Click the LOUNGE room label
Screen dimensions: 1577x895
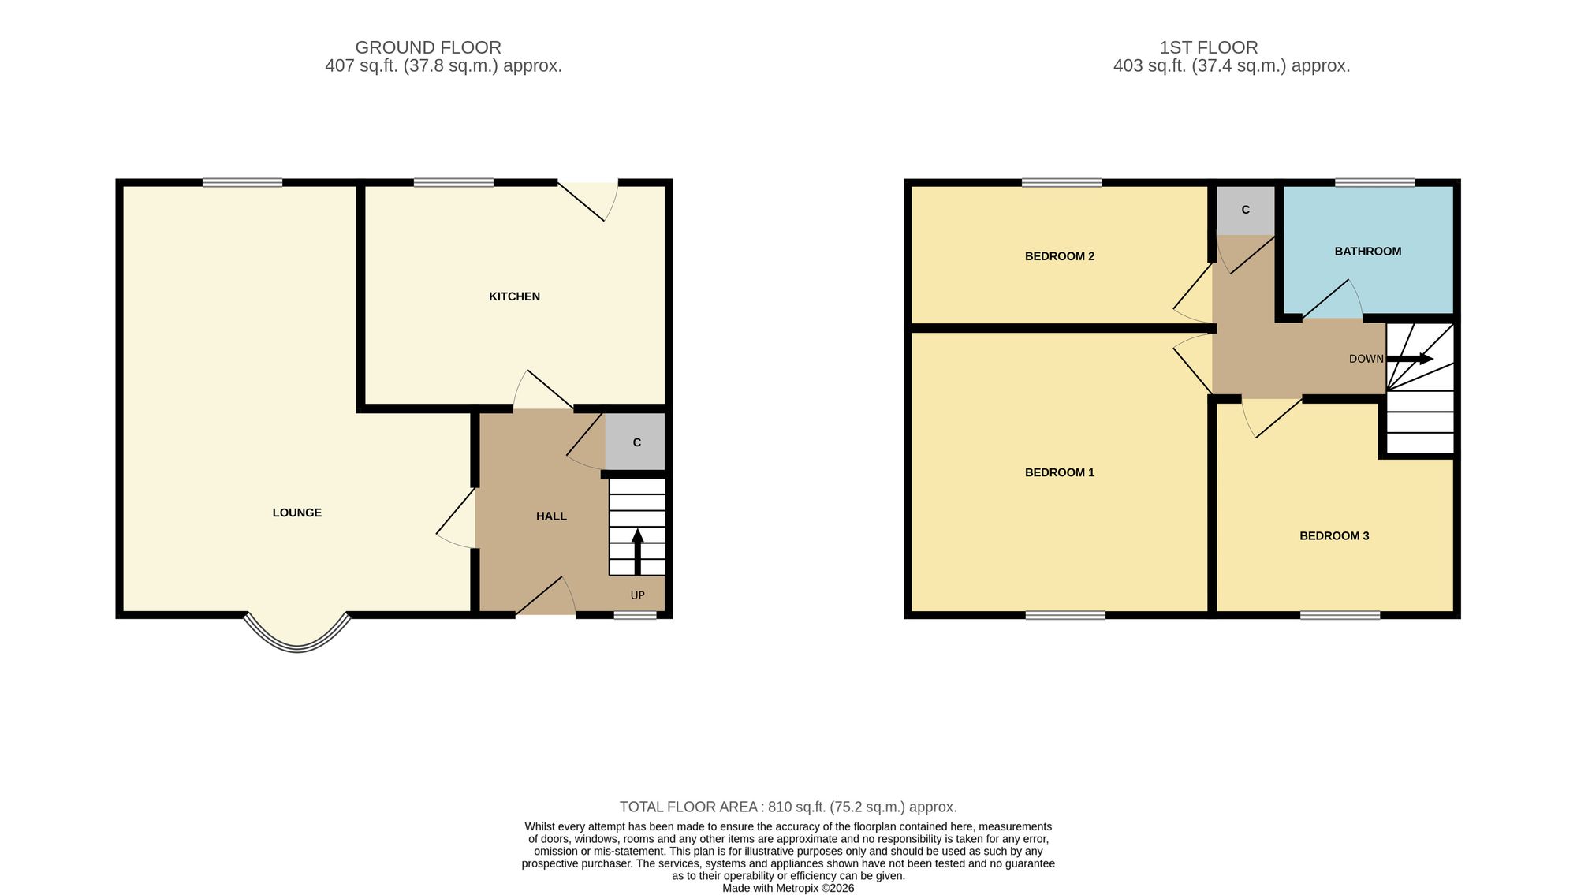(x=297, y=513)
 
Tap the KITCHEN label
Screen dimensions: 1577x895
(x=514, y=296)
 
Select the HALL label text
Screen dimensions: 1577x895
(x=551, y=516)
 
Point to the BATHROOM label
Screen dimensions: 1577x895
(x=1368, y=252)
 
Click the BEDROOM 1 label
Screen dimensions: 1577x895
(x=1060, y=472)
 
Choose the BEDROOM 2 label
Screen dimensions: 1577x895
(x=1060, y=256)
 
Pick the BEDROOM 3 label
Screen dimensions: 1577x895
(x=1334, y=536)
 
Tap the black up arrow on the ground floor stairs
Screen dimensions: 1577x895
(x=637, y=551)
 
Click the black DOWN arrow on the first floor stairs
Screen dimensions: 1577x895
(x=1410, y=360)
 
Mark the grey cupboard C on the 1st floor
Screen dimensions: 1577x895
(x=1246, y=211)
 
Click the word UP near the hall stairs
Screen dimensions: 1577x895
(x=638, y=595)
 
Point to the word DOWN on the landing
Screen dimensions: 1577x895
(x=1366, y=359)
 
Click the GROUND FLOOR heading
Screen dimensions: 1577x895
(x=428, y=47)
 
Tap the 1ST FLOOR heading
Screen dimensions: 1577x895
(x=1209, y=47)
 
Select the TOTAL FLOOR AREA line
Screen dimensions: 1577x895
(x=788, y=807)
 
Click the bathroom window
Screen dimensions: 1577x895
(x=1374, y=183)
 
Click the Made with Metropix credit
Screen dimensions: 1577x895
(x=788, y=888)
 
